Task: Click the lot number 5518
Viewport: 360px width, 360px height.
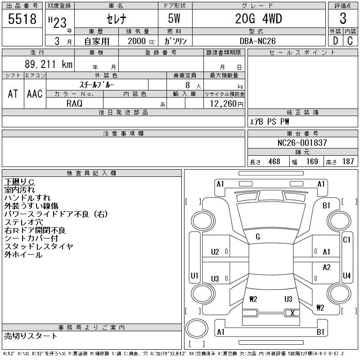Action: [22, 19]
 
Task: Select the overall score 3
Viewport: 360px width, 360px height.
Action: [343, 18]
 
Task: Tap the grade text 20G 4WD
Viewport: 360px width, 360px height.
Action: [258, 19]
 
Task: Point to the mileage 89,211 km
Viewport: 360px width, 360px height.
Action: [49, 64]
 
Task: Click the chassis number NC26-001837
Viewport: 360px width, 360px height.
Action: [302, 143]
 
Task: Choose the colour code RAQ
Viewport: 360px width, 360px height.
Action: [74, 103]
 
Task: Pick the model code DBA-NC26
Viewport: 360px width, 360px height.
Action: [257, 41]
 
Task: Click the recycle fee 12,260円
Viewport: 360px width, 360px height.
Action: [227, 104]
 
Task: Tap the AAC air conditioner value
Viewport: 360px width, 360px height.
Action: [35, 94]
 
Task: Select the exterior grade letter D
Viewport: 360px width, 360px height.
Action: [335, 41]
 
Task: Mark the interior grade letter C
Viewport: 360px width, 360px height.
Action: [350, 41]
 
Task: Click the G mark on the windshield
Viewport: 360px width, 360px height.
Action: [258, 237]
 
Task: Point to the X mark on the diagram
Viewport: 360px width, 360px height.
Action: [292, 313]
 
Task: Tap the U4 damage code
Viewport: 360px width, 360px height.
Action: [346, 275]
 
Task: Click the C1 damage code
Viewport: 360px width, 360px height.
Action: [346, 240]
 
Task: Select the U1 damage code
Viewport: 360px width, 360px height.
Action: [194, 275]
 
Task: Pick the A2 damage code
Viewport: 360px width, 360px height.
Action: [327, 267]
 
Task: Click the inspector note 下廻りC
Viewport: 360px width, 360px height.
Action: [19, 182]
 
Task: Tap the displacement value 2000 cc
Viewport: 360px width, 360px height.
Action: [141, 41]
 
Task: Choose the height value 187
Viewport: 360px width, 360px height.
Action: [348, 162]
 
